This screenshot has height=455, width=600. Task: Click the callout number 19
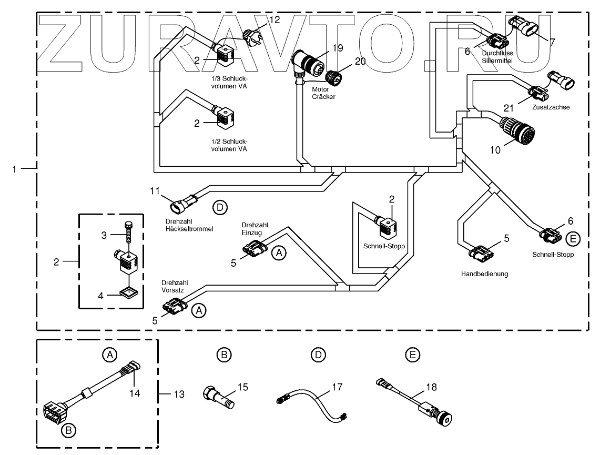337,48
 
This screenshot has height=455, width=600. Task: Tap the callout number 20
360,61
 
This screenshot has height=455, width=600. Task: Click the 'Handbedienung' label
484,274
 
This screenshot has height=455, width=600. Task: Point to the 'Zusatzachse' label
550,107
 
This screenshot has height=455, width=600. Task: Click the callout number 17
337,387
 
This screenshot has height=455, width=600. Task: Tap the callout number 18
431,387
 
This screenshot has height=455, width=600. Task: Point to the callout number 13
179,394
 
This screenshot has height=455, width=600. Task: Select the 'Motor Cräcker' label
323,93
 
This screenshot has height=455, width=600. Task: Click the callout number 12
274,20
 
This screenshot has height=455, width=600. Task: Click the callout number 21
509,108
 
